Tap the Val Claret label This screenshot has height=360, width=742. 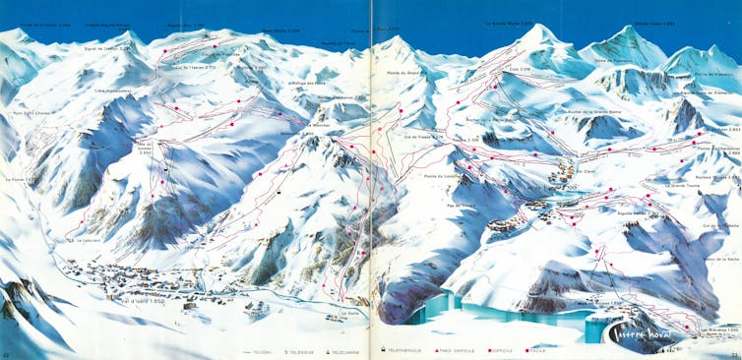point(585,171)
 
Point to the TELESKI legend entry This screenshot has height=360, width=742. point(259,351)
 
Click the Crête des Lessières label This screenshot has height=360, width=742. point(113,91)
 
